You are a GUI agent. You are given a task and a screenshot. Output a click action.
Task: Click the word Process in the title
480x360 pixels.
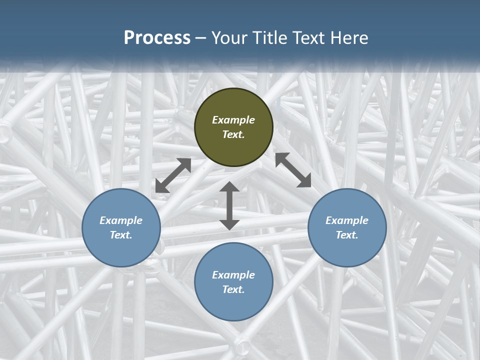[157, 38]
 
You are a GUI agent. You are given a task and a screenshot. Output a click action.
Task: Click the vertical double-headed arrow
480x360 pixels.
[229, 205]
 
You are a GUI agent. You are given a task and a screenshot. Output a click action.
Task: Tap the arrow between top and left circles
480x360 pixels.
[173, 175]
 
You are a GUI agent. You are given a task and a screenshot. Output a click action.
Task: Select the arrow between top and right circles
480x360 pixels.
[293, 170]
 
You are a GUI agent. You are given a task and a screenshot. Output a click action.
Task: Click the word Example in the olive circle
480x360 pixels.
[233, 120]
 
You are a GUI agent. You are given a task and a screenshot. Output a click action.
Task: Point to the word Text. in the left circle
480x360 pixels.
[121, 235]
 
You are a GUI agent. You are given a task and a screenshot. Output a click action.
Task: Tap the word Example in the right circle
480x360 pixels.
[347, 220]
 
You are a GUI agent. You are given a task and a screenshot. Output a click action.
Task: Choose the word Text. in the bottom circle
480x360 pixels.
[233, 289]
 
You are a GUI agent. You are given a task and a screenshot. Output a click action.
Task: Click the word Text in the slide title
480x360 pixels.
[309, 38]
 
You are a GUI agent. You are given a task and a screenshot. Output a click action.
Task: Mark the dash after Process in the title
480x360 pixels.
[201, 38]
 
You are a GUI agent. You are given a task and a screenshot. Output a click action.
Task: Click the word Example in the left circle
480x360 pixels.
[121, 220]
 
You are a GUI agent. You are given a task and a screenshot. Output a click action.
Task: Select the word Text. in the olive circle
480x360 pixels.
[233, 134]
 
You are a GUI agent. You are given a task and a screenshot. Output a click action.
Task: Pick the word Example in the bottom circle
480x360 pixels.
[233, 275]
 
